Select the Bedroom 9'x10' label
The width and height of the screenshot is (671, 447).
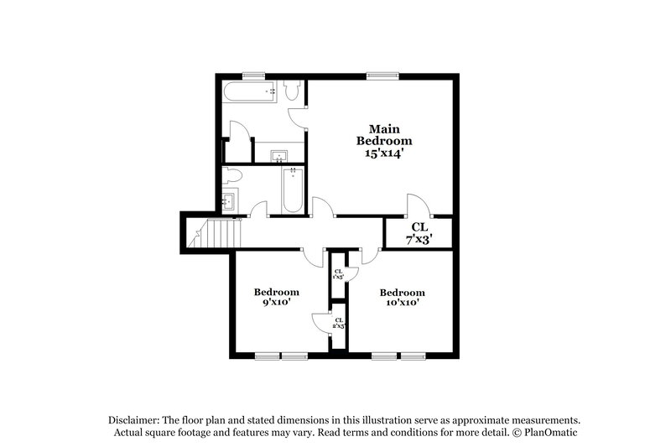pyautogui.click(x=276, y=297)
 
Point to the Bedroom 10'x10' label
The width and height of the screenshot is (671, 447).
pyautogui.click(x=402, y=297)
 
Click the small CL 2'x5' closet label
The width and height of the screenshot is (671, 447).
pyautogui.click(x=338, y=323)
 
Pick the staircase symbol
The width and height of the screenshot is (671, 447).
pyautogui.click(x=216, y=231)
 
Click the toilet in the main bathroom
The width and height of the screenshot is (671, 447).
pyautogui.click(x=292, y=90)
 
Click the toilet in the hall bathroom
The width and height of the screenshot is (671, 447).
pyautogui.click(x=232, y=175)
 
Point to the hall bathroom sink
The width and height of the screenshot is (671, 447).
pyautogui.click(x=229, y=201)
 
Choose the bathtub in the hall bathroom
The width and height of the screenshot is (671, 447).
pyautogui.click(x=292, y=189)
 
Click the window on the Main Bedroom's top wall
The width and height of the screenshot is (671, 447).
pyautogui.click(x=381, y=76)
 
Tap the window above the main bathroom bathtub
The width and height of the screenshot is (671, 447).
pyautogui.click(x=249, y=76)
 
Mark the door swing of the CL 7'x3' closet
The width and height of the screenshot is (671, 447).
pyautogui.click(x=417, y=205)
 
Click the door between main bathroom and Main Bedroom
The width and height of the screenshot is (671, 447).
pyautogui.click(x=297, y=118)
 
